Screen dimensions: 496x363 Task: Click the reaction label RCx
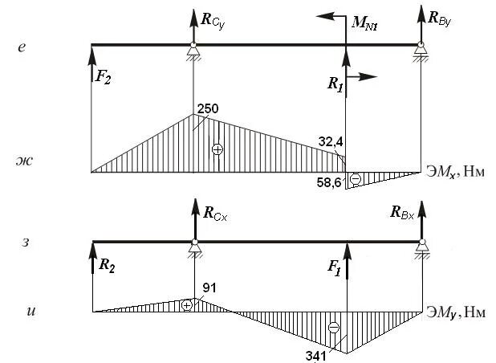tap(215, 214)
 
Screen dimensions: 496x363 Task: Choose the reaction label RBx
tap(402, 212)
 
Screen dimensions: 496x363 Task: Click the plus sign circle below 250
tap(215, 149)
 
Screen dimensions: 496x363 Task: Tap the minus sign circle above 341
tap(334, 327)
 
